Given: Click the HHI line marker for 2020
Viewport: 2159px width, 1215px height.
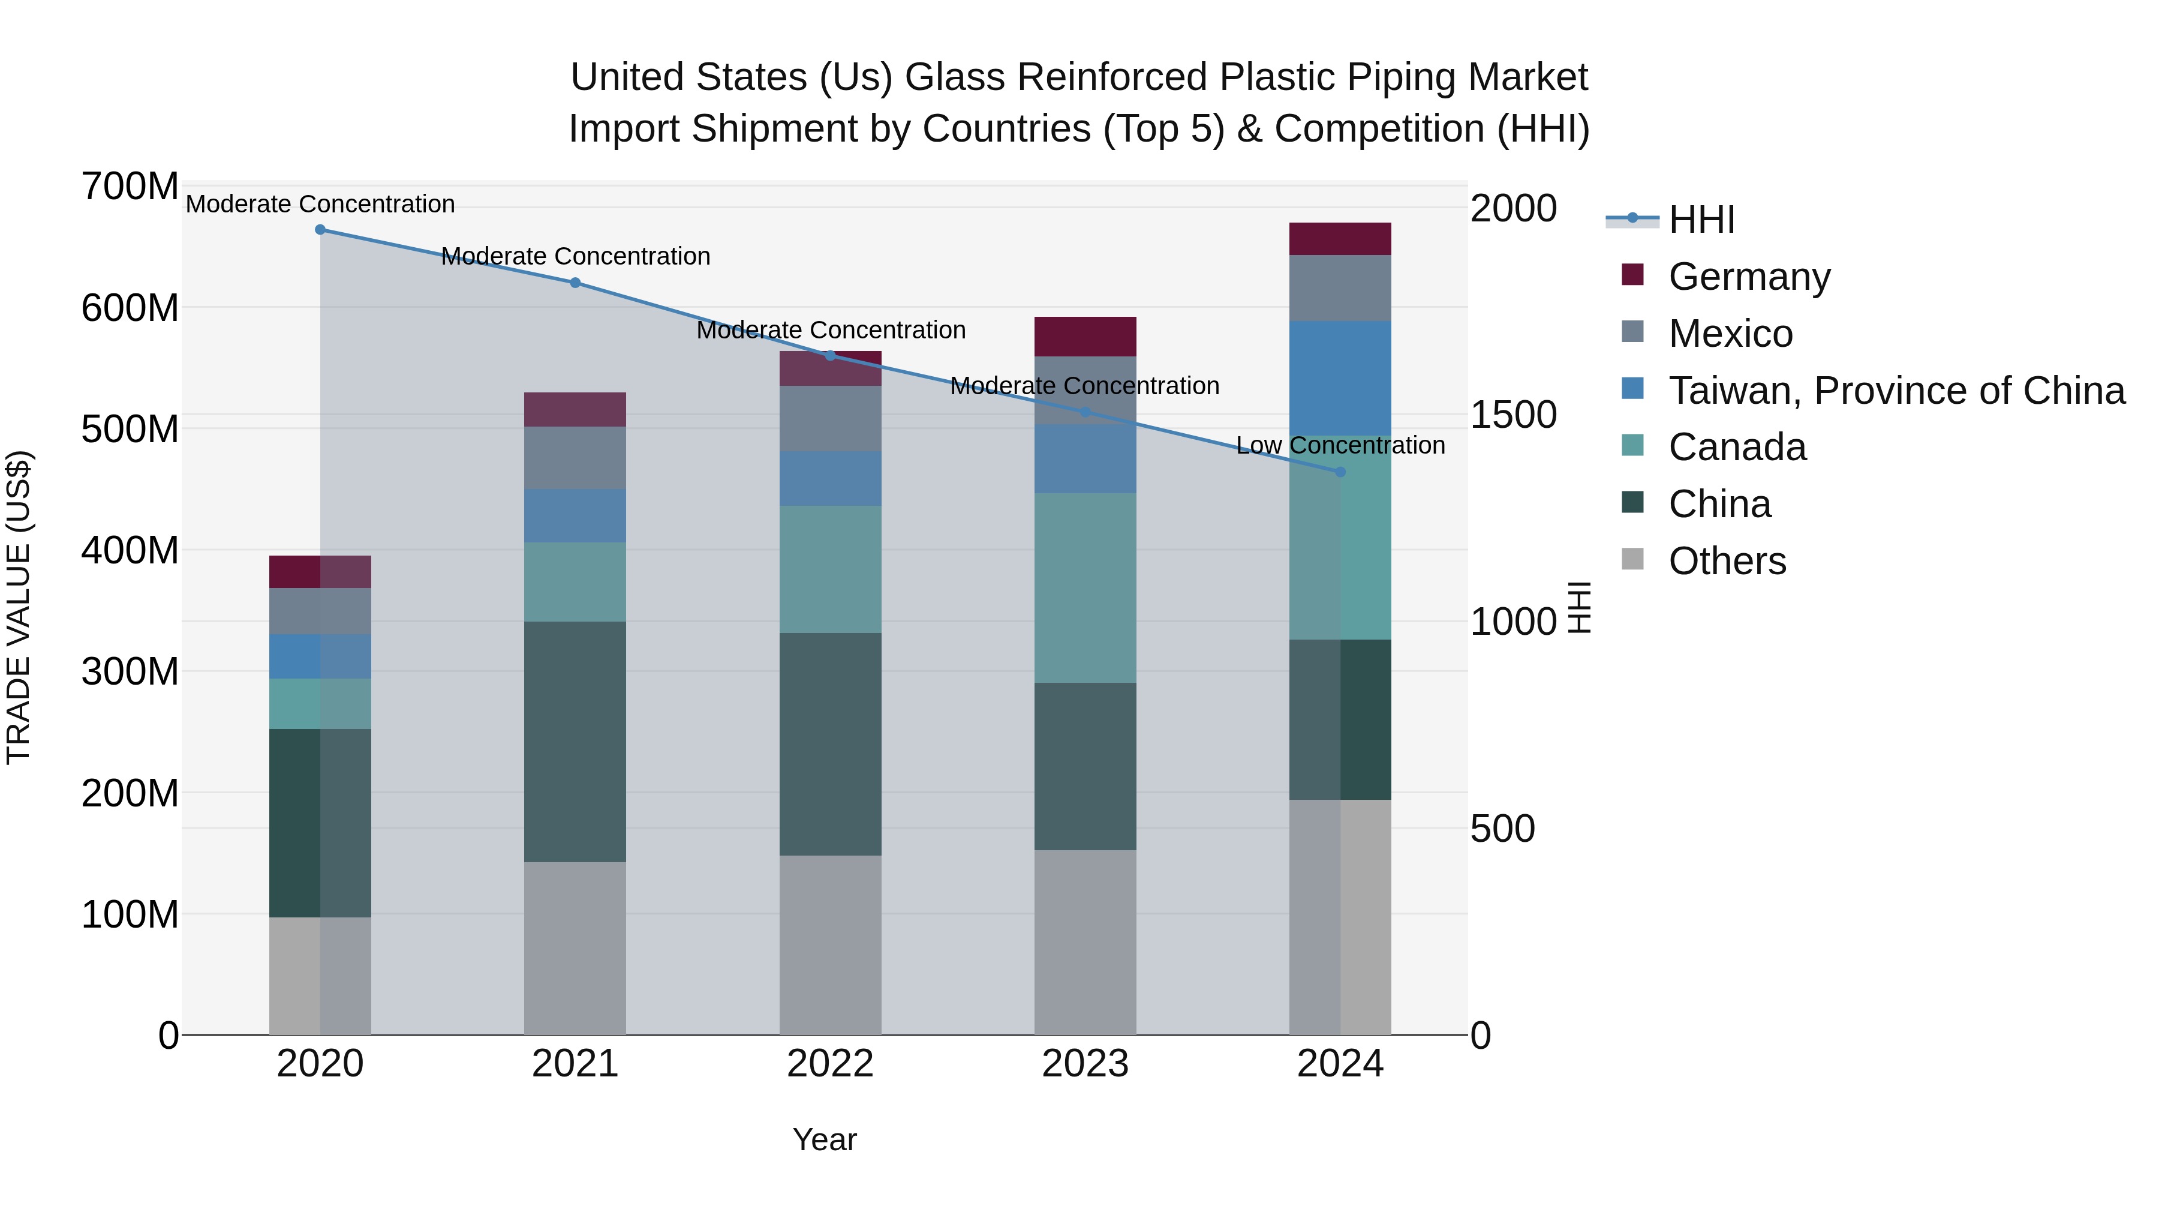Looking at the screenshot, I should pos(320,230).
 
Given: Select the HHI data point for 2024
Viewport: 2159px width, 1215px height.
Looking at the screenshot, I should pos(1340,472).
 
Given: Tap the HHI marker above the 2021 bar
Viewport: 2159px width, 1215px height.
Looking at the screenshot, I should pos(575,283).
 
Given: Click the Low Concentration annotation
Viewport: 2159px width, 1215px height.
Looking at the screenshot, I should pos(1340,445).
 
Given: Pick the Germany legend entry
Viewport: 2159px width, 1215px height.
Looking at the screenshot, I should pos(1749,277).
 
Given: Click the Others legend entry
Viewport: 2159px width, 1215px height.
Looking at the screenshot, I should pos(1727,561).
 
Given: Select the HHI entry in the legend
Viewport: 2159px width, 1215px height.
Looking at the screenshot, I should pos(1701,220).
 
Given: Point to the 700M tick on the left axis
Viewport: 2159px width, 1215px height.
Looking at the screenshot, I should pos(130,186).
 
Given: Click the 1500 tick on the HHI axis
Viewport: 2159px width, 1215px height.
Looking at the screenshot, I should pos(1513,415).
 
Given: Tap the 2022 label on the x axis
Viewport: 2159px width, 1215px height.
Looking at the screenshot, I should pos(830,1064).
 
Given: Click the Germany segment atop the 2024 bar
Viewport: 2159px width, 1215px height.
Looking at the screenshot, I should pos(1340,239).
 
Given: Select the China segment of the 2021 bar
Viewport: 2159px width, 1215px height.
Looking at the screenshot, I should pos(575,742).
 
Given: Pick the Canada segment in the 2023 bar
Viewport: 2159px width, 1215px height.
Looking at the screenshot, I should pos(1085,588).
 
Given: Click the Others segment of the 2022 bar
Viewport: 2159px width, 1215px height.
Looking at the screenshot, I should pos(830,945).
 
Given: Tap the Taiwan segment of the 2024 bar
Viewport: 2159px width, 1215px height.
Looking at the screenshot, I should pos(1340,378).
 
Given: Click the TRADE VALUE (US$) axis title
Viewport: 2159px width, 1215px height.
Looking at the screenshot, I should pos(19,607).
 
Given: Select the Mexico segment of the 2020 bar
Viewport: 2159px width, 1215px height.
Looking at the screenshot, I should pos(320,611).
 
